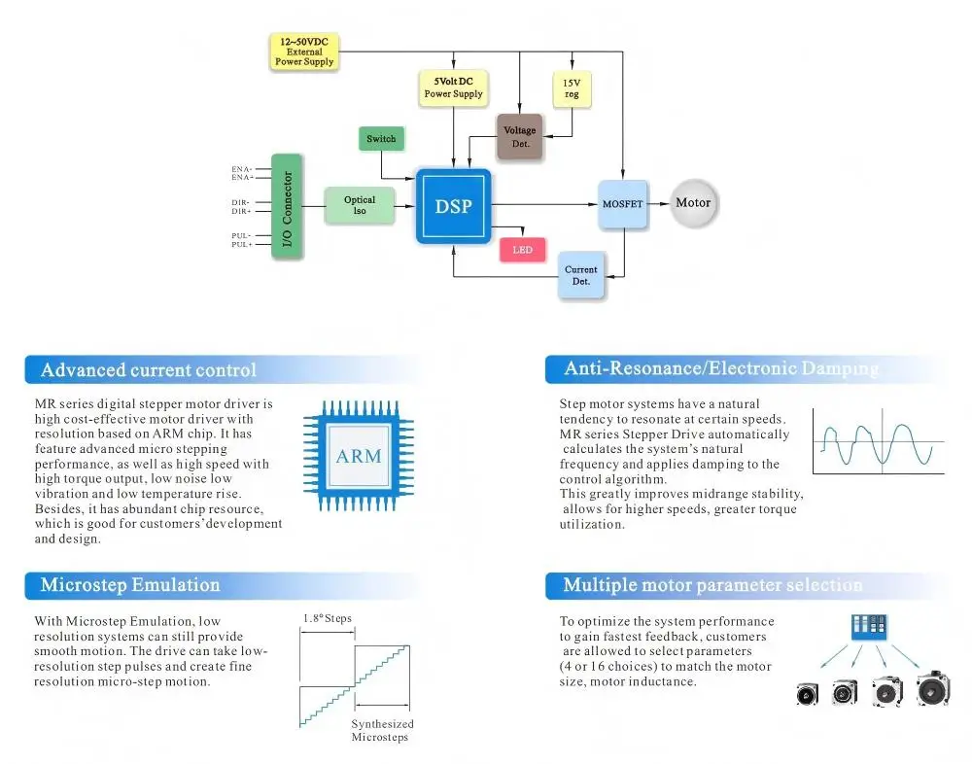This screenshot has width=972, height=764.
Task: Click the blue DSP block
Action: tap(453, 206)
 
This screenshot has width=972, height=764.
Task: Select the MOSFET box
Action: tap(622, 204)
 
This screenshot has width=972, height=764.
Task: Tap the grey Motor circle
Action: tap(694, 203)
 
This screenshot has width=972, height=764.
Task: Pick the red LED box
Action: tap(523, 249)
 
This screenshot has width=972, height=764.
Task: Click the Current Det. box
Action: tap(581, 275)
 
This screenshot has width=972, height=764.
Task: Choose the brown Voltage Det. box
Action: tap(519, 136)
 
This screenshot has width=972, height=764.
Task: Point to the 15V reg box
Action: tap(572, 88)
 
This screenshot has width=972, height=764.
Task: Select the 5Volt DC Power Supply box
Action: tap(453, 87)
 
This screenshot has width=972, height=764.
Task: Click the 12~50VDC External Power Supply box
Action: tap(304, 52)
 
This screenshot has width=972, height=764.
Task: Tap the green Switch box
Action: tap(381, 138)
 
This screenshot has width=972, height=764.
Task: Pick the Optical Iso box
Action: tap(360, 205)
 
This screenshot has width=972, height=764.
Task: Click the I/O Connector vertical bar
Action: tap(287, 206)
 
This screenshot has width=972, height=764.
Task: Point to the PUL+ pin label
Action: tap(242, 244)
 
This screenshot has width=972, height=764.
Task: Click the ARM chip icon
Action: tap(359, 456)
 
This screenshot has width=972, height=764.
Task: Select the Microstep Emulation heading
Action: tap(130, 585)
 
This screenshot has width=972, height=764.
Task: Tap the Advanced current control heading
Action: tap(148, 369)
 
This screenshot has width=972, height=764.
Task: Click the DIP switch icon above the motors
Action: tap(869, 626)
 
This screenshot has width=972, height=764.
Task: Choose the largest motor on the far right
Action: tap(933, 688)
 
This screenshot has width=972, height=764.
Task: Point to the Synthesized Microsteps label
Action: tap(382, 731)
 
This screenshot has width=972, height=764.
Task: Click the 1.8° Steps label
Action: tap(328, 618)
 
